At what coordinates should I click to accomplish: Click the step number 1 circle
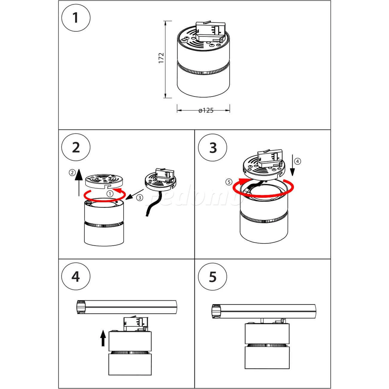pos(76,17)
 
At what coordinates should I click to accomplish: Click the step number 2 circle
pos(76,148)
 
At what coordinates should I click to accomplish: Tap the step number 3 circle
pos(213,148)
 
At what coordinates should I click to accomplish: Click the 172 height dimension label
pos(161,58)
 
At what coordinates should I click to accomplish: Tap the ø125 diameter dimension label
pos(206,110)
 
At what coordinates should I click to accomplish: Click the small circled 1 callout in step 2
pos(110,194)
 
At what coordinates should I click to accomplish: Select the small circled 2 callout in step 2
pos(72,172)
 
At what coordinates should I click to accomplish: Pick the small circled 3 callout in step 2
pos(140,197)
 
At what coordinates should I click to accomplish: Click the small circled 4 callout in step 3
pos(297,161)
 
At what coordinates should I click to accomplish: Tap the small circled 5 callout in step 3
pos(229,182)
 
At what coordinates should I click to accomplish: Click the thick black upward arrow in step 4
pos(103,338)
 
